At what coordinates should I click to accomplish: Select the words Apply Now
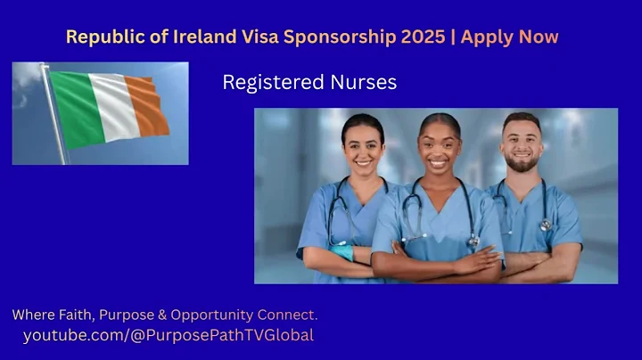pos(509,37)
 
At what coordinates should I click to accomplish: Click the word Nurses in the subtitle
pos(364,83)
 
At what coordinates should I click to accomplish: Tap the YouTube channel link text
pos(168,335)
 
